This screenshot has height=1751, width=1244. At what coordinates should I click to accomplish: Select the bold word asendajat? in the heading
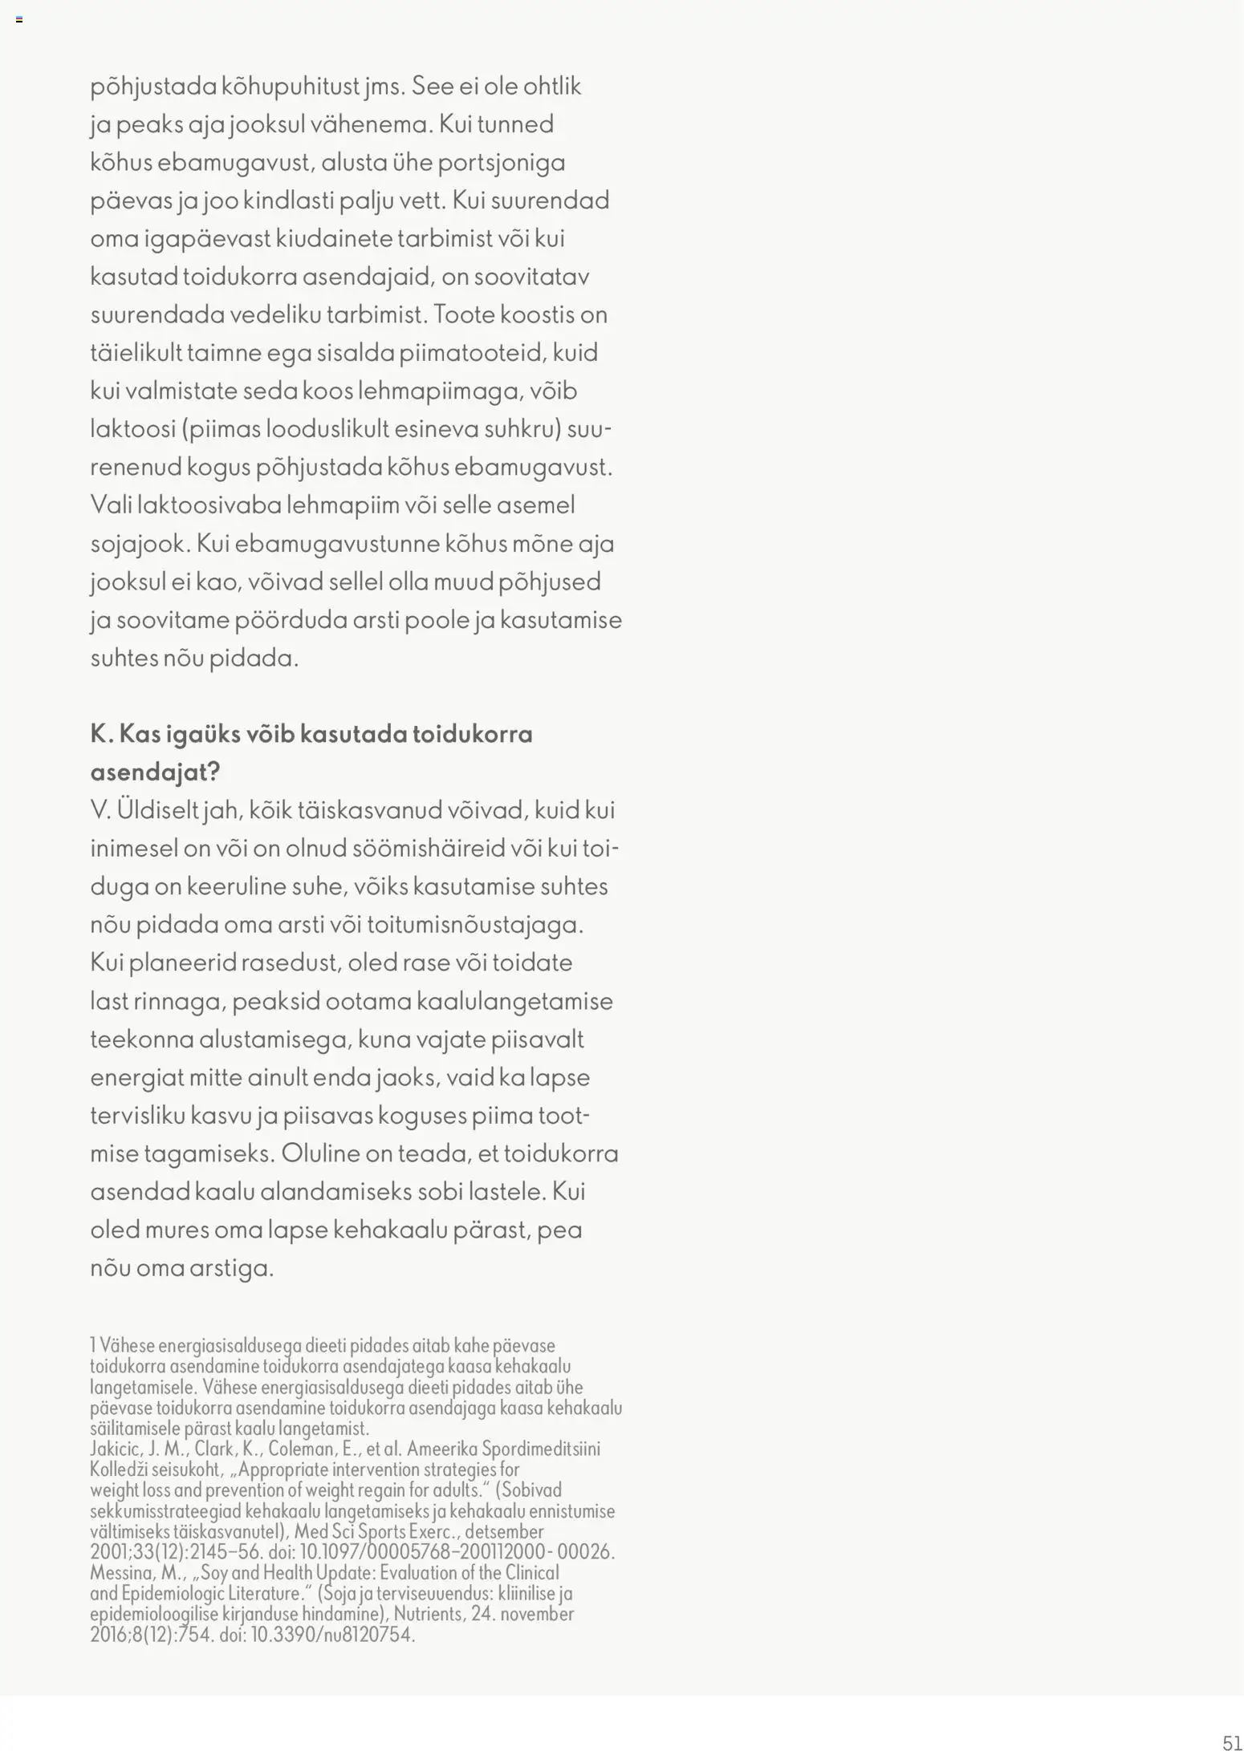pos(155,772)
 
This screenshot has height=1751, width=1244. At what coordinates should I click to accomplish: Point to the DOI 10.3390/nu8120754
pos(332,1635)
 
